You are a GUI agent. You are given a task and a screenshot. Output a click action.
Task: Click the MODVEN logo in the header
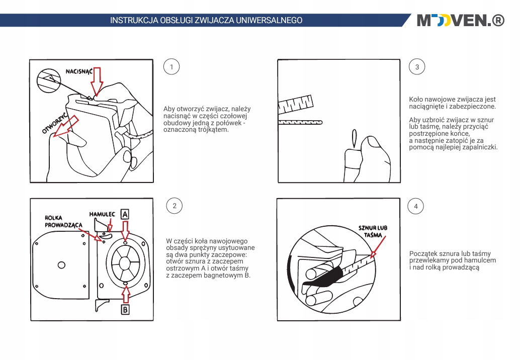[460, 21]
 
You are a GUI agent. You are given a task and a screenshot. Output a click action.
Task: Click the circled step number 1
[172, 67]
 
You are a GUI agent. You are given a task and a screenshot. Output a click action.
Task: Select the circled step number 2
[174, 206]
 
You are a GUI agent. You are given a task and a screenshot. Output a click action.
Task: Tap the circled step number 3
[417, 67]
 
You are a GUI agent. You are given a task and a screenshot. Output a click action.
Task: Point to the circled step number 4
[415, 206]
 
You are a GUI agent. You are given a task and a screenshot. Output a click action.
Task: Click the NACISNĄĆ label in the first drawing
[79, 71]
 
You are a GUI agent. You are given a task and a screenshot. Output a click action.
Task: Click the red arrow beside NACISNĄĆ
[97, 80]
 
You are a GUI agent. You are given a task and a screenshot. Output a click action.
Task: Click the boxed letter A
[125, 214]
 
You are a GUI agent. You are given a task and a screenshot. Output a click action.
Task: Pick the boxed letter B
[125, 309]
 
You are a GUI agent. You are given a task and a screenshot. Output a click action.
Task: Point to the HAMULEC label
[102, 214]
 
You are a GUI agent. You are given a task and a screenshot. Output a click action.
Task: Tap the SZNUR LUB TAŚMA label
[373, 231]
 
